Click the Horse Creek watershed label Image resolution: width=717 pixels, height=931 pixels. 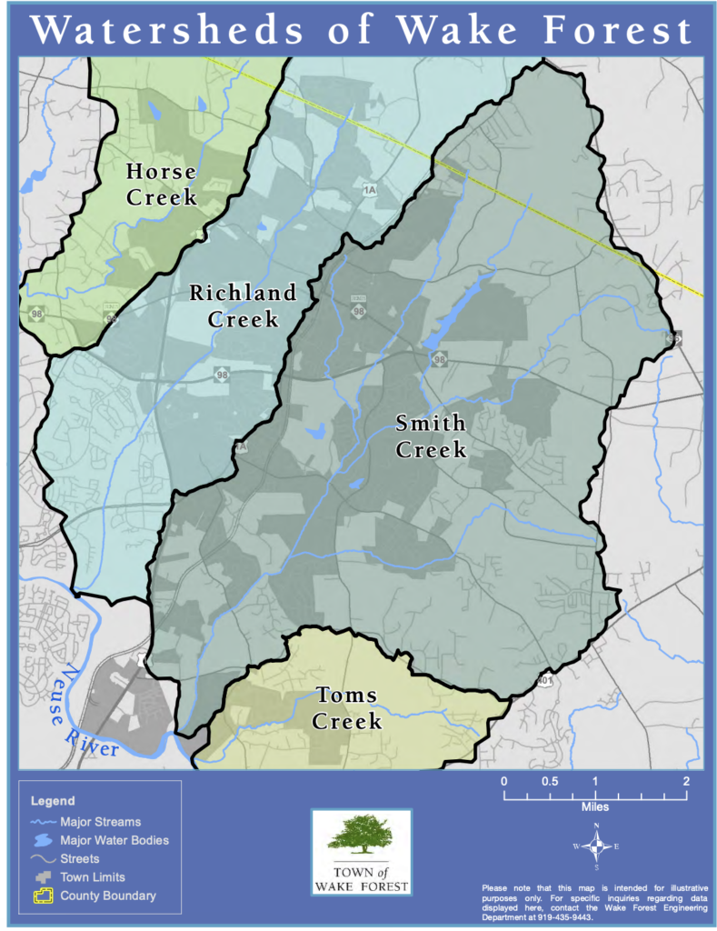click(x=161, y=184)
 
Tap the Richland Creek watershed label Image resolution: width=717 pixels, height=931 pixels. click(x=243, y=305)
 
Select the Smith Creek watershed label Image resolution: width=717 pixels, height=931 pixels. click(x=431, y=436)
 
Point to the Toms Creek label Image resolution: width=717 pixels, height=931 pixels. click(x=348, y=709)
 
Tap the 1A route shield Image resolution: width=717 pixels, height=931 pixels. click(x=369, y=190)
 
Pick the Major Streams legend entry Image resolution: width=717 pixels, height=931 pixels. click(x=100, y=822)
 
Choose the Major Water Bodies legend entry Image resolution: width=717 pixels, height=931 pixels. click(x=115, y=840)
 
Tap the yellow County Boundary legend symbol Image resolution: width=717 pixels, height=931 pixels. click(x=43, y=896)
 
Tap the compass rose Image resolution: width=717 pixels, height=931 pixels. click(x=595, y=846)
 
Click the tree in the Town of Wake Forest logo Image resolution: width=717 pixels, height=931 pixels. click(x=362, y=833)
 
